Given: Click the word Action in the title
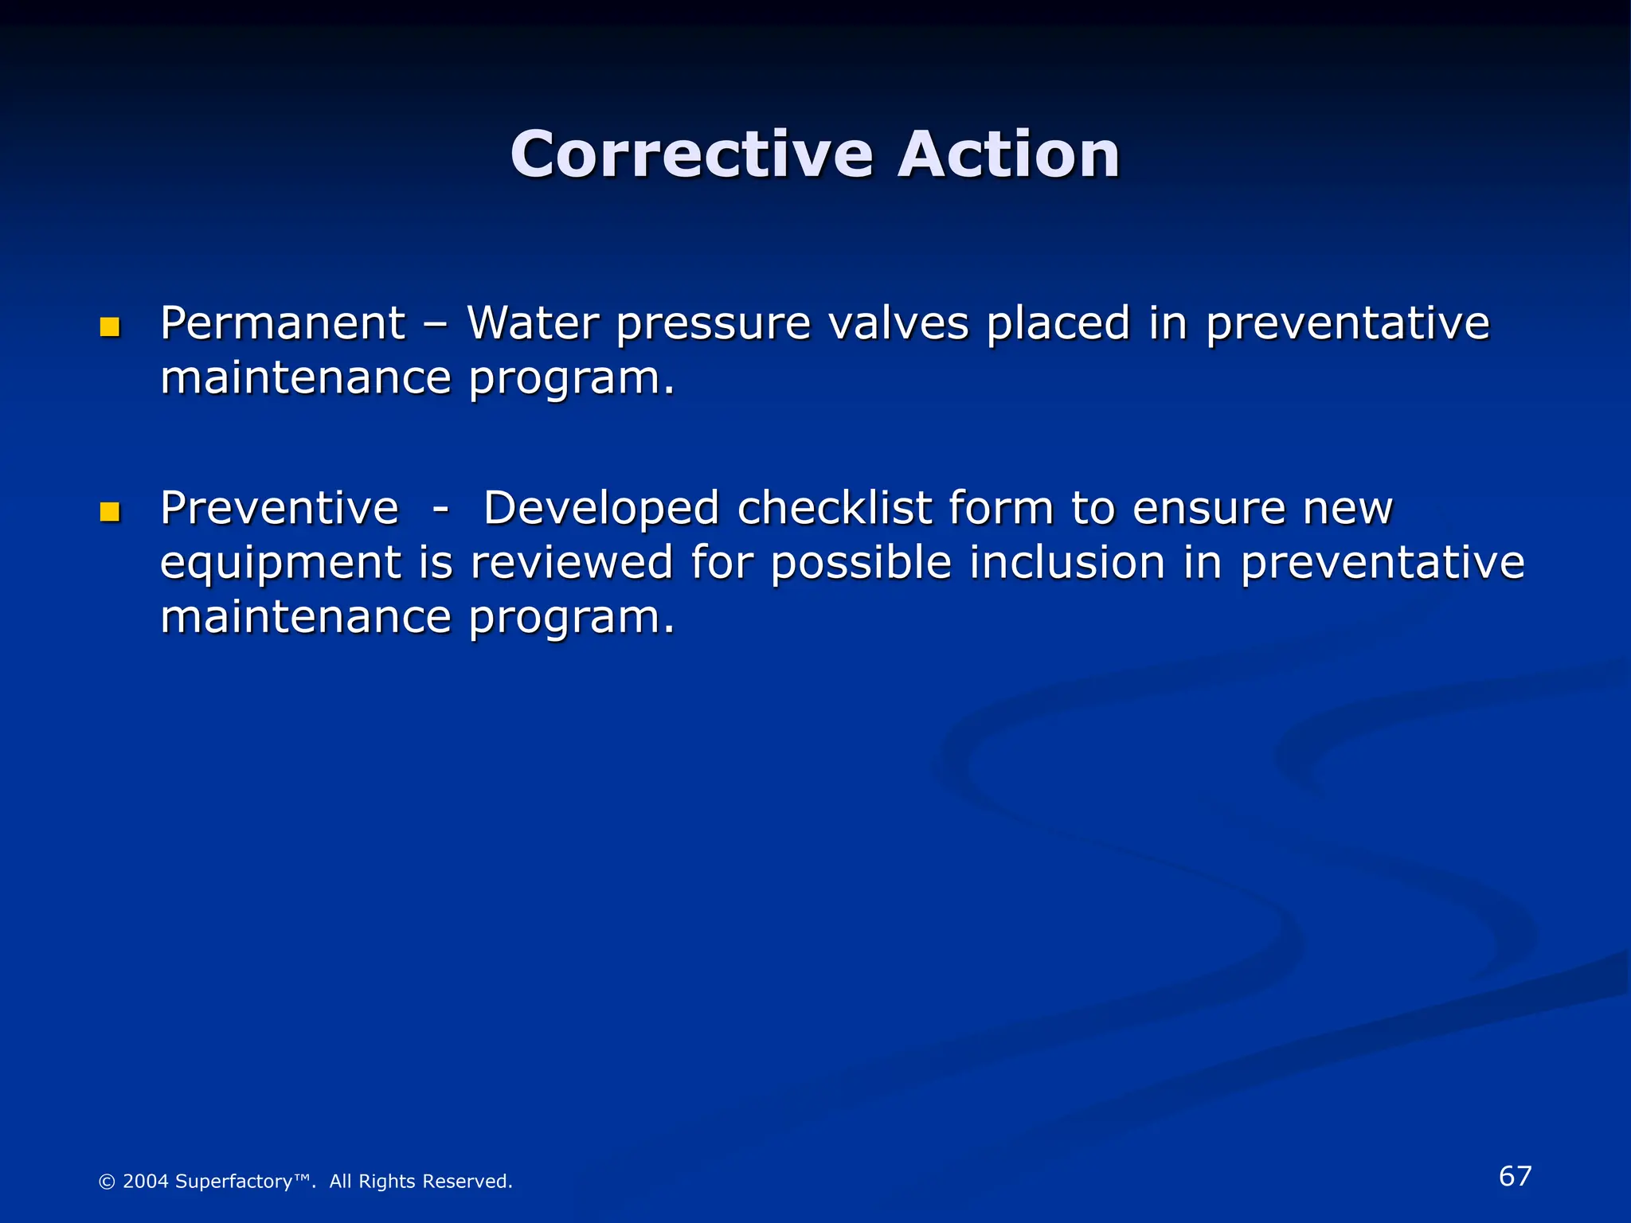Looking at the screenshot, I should pyautogui.click(x=1009, y=154).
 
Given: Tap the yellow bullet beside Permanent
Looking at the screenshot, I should pyautogui.click(x=110, y=327).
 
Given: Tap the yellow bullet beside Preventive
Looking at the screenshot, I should pyautogui.click(x=110, y=511).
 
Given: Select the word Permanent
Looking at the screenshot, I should pyautogui.click(x=283, y=323).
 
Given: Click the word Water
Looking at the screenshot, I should pyautogui.click(x=532, y=323).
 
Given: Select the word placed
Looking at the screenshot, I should pyautogui.click(x=1058, y=323).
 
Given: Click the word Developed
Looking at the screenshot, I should pyautogui.click(x=601, y=510).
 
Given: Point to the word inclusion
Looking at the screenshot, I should pyautogui.click(x=1067, y=562).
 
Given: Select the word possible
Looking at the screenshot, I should pyautogui.click(x=860, y=564).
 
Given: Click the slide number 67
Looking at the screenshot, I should pyautogui.click(x=1515, y=1176).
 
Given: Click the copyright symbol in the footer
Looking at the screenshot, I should pyautogui.click(x=107, y=1182).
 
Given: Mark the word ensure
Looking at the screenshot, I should pyautogui.click(x=1207, y=510).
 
